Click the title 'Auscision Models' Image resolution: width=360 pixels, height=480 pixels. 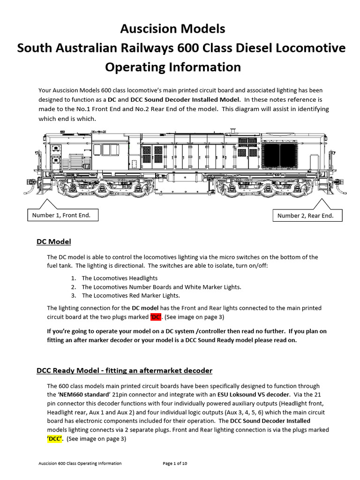pyautogui.click(x=172, y=29)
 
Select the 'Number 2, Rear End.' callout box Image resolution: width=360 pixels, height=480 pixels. pyautogui.click(x=305, y=216)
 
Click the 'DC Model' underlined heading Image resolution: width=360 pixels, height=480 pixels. pyautogui.click(x=53, y=242)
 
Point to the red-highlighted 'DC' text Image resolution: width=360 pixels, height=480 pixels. pyautogui.click(x=156, y=317)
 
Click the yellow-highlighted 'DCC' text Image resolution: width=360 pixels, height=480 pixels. pyautogui.click(x=55, y=439)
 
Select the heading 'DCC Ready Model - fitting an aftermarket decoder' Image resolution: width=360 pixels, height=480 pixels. pyautogui.click(x=124, y=371)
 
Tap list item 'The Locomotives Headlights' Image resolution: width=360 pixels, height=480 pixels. pyautogui.click(x=113, y=278)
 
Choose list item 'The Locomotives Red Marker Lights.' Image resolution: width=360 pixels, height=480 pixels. pyautogui.click(x=130, y=296)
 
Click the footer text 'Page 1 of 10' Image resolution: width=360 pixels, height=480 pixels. pyautogui.click(x=175, y=464)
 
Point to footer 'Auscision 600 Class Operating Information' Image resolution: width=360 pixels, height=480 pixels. pyautogui.click(x=80, y=464)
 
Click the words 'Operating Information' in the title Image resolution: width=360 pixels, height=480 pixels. pyautogui.click(x=172, y=67)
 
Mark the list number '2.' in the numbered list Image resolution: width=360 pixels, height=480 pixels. pyautogui.click(x=74, y=287)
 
